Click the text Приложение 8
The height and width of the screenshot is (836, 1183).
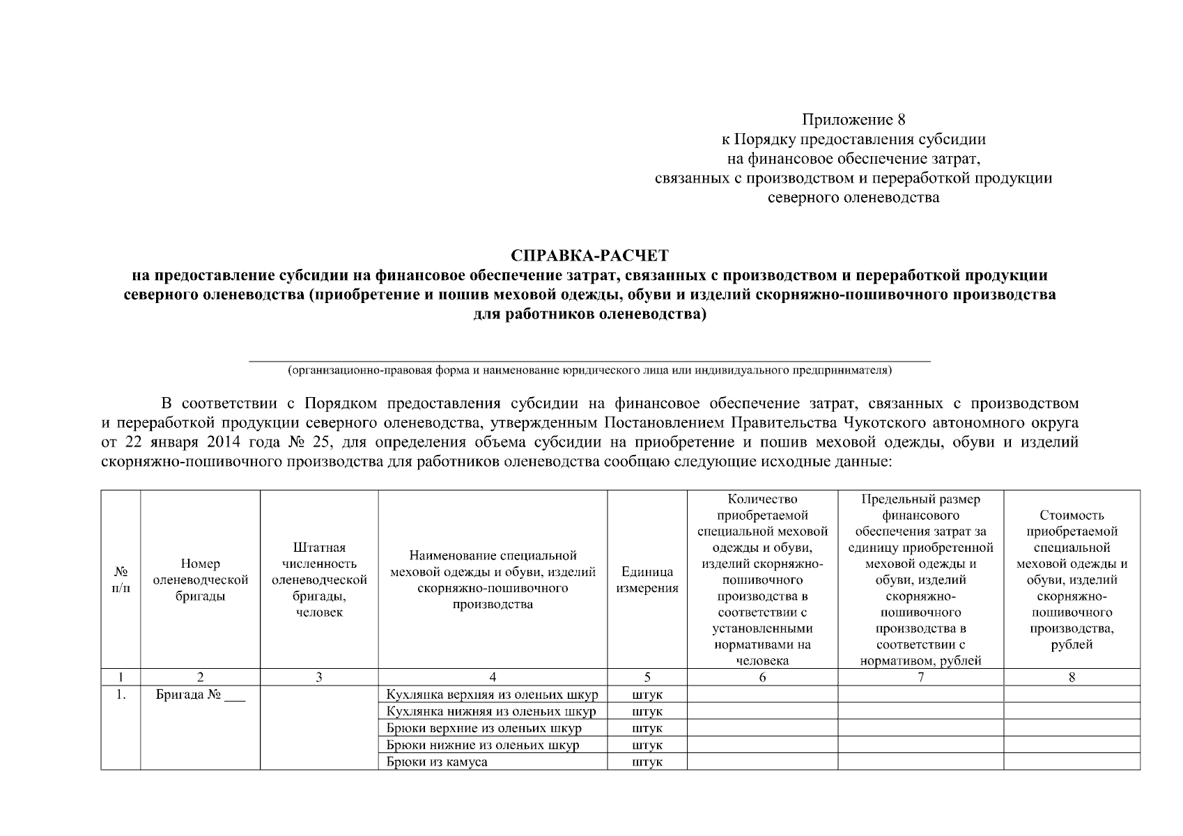click(x=853, y=119)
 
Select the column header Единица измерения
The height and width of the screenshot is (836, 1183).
click(x=647, y=580)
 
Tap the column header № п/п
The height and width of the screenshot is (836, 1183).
click(x=121, y=580)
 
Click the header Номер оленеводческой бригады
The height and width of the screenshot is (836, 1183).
click(x=200, y=580)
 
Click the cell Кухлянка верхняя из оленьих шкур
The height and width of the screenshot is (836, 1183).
click(x=492, y=695)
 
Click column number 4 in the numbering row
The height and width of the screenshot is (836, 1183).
click(x=493, y=677)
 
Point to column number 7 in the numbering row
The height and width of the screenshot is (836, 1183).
click(x=920, y=677)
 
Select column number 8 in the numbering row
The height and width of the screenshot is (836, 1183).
click(x=1072, y=677)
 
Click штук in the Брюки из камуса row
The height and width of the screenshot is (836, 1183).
click(x=647, y=761)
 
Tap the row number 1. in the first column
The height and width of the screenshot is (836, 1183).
click(x=121, y=695)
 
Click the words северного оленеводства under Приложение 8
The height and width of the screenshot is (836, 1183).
click(x=853, y=197)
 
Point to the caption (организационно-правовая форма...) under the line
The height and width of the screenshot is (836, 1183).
click(x=589, y=370)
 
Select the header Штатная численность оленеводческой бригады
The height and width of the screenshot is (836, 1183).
click(x=319, y=580)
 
